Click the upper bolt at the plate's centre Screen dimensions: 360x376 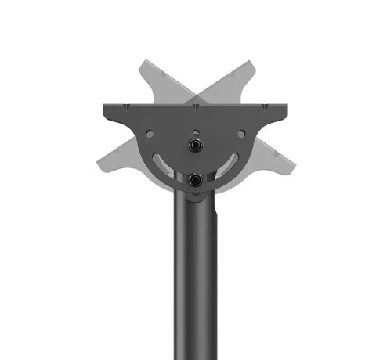click(193, 146)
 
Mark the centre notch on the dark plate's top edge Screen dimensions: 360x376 click(193, 106)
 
